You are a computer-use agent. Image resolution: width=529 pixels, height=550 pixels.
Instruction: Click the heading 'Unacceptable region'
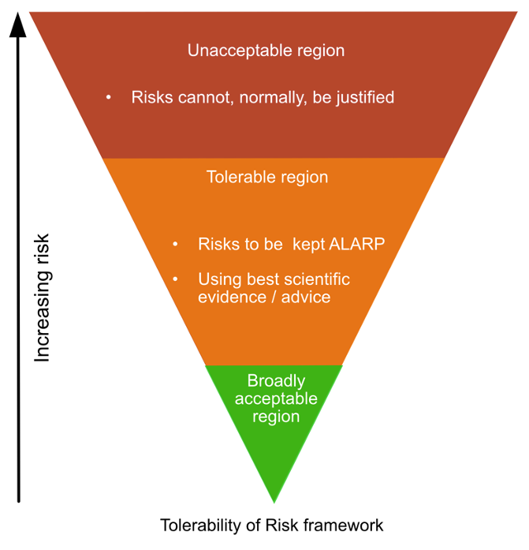(266, 51)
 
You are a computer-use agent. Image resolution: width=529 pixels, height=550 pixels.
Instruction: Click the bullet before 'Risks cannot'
(109, 97)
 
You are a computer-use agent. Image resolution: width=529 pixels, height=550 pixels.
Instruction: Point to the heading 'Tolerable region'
(266, 177)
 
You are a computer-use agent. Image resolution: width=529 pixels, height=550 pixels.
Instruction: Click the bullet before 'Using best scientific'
(176, 279)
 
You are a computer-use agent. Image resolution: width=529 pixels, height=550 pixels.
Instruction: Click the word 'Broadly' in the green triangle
(276, 381)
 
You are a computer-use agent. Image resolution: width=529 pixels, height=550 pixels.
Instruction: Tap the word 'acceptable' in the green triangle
(276, 398)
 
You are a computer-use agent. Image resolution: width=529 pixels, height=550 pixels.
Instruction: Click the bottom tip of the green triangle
(274, 500)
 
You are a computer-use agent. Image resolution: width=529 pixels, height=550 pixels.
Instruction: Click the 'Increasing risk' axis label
(42, 297)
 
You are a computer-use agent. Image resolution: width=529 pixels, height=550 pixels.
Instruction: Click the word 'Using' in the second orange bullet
(216, 279)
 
